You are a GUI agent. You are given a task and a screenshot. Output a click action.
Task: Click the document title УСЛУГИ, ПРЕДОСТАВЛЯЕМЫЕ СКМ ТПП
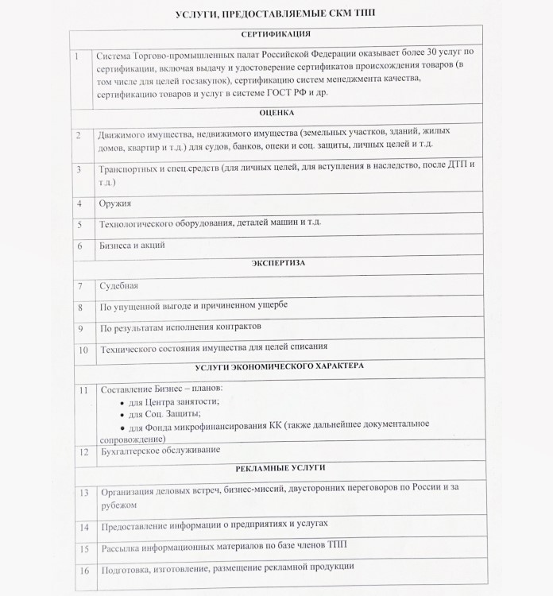[x=276, y=15]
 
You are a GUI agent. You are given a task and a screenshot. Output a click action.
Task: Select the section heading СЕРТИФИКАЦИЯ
[x=276, y=34]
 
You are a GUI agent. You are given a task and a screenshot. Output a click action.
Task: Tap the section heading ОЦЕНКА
[x=276, y=113]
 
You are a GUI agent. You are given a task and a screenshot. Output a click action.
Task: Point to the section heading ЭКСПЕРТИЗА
[x=276, y=261]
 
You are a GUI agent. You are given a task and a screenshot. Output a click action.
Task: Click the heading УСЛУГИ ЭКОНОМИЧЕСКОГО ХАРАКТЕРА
[x=279, y=366]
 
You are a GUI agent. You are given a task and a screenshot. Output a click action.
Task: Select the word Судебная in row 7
[x=119, y=285]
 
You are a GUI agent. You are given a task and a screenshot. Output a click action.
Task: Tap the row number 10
[x=82, y=349]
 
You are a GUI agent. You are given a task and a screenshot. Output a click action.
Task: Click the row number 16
[x=83, y=570]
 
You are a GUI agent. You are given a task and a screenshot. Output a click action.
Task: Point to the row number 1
[x=76, y=56]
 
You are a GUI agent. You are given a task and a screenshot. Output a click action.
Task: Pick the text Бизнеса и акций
[x=132, y=246]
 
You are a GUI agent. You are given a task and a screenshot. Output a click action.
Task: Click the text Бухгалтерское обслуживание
[x=159, y=451]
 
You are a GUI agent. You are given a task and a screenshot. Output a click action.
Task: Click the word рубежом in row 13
[x=118, y=505]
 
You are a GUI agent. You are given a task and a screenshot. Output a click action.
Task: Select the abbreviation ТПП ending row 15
[x=337, y=547]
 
